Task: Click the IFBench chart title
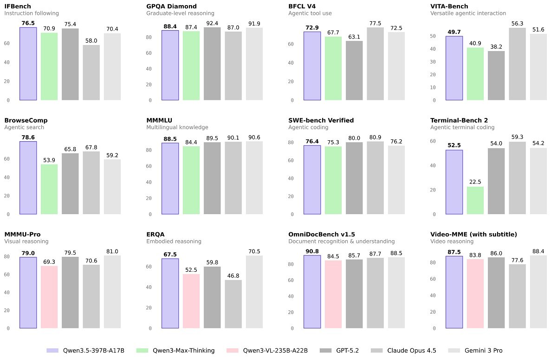(x=18, y=6)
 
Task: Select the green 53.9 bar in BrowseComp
(x=49, y=189)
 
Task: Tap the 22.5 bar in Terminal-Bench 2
(x=475, y=200)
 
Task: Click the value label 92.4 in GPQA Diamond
(x=212, y=23)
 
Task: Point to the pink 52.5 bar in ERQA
(x=191, y=301)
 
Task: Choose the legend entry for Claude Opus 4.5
(x=403, y=351)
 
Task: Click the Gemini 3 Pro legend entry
(x=475, y=351)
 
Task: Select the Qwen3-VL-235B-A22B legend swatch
(x=233, y=351)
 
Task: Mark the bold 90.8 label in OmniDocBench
(x=312, y=251)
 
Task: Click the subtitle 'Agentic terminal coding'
(x=462, y=127)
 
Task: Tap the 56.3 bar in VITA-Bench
(x=517, y=64)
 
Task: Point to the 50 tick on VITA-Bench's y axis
(x=433, y=36)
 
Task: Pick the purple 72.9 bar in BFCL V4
(x=312, y=66)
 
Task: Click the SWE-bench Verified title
(x=321, y=120)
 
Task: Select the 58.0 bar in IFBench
(x=91, y=72)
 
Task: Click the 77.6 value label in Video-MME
(x=517, y=260)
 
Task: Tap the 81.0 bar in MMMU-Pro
(x=112, y=292)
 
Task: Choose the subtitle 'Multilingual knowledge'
(x=177, y=127)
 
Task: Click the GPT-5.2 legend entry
(x=339, y=351)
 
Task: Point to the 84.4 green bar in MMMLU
(x=191, y=180)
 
